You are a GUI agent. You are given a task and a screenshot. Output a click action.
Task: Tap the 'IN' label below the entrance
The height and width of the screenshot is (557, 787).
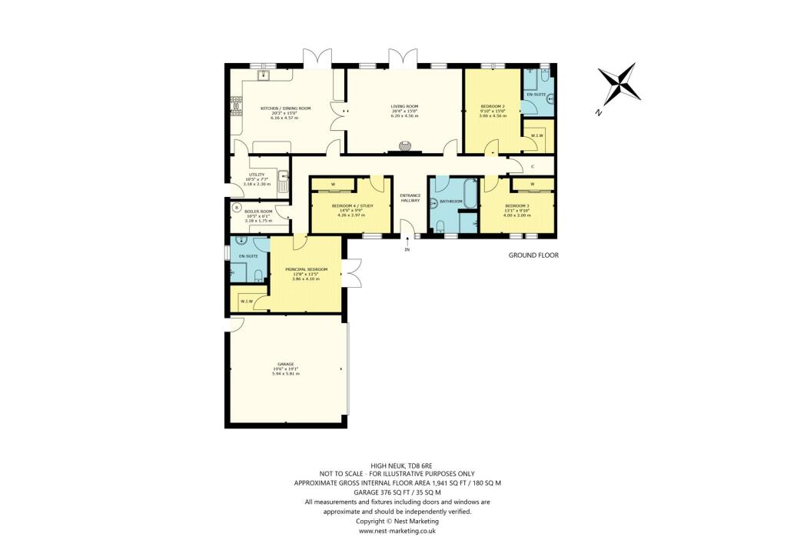click(408, 249)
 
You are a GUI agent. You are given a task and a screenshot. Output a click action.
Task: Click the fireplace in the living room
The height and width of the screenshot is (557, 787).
click(405, 146)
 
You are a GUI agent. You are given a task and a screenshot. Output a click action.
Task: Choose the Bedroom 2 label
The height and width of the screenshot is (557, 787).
click(492, 106)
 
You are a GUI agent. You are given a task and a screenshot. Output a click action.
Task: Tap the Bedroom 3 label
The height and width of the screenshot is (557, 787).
click(516, 205)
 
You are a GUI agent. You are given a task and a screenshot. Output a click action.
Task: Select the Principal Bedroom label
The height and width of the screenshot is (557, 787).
click(307, 269)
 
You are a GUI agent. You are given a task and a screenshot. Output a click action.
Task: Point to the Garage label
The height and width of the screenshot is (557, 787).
click(285, 364)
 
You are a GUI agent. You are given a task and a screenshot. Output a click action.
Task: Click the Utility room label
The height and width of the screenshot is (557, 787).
click(257, 175)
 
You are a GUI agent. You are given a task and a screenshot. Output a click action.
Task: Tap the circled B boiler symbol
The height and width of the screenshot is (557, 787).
click(237, 206)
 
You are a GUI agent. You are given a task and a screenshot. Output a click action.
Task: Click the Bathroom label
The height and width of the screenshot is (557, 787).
click(451, 202)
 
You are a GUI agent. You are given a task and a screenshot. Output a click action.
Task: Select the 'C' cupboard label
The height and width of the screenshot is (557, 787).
click(533, 166)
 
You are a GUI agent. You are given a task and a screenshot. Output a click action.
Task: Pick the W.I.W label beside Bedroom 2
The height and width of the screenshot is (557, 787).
click(536, 136)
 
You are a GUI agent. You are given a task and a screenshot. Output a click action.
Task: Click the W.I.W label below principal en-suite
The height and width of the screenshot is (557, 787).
click(247, 301)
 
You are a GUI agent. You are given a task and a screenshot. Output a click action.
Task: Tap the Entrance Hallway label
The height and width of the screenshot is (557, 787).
click(410, 198)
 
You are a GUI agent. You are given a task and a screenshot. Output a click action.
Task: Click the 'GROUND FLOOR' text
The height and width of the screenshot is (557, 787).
click(533, 255)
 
